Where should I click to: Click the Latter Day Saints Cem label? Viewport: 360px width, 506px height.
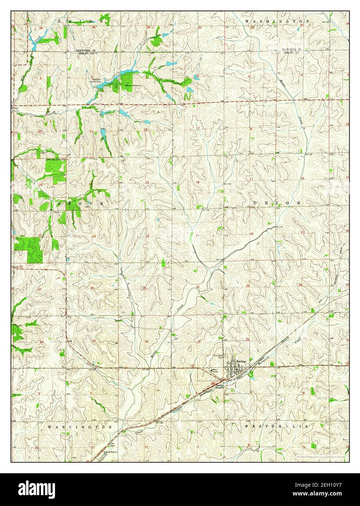tap(55, 159)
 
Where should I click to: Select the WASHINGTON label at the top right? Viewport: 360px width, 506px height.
tap(279, 22)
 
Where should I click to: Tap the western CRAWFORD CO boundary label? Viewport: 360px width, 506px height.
tap(86, 50)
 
